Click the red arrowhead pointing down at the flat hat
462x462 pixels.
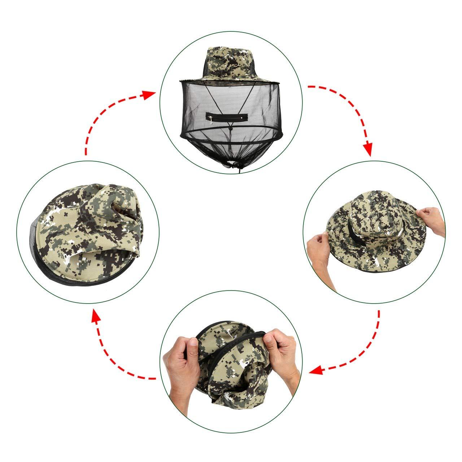367,150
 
